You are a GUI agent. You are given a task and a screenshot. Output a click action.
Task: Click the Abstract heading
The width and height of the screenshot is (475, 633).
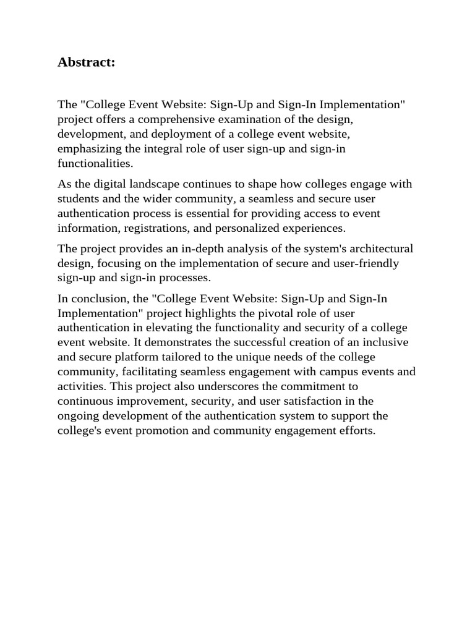point(86,62)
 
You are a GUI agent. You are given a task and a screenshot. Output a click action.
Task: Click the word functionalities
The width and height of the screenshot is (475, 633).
point(95,163)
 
